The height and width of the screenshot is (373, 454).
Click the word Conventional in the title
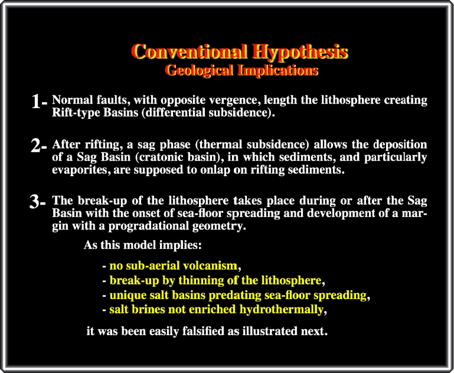[x=190, y=51]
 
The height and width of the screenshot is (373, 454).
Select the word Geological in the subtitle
[x=199, y=71]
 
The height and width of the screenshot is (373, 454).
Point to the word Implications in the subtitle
[x=277, y=71]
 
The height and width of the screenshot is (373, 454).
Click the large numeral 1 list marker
[x=37, y=102]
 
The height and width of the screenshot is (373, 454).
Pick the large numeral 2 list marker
[x=36, y=146]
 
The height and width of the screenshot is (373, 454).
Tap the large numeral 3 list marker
[x=34, y=202]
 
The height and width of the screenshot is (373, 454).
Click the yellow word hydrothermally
[x=281, y=310]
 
